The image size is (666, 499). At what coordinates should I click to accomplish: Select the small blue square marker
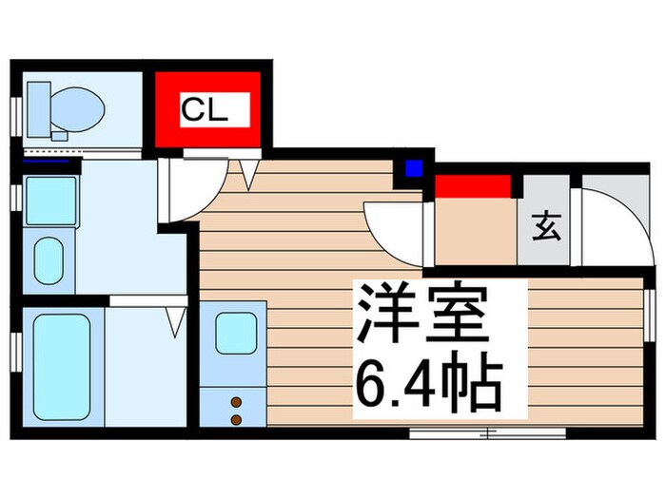tap(413, 169)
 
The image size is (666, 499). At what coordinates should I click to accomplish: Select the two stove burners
tap(235, 411)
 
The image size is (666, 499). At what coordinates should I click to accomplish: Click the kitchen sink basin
tap(235, 333)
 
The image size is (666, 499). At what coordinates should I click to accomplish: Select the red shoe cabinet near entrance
tap(473, 185)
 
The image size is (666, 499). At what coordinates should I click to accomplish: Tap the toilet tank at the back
tap(39, 102)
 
